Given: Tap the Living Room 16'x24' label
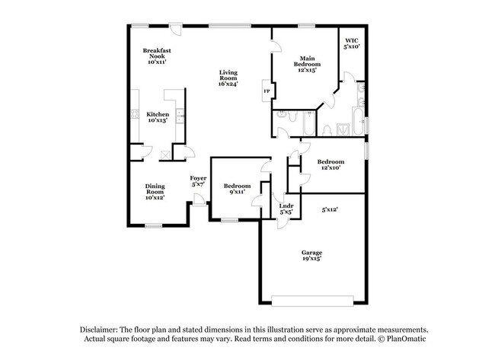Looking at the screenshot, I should point(228,78).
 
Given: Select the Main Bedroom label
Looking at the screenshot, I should point(307,62).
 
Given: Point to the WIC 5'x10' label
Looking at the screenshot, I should point(351,43).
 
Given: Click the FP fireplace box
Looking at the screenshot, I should point(267,92).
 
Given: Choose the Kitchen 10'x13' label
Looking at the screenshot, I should point(158,117).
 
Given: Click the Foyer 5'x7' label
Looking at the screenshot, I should point(197,181).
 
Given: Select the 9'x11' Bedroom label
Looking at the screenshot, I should point(237,190).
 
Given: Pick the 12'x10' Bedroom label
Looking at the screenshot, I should point(331,164).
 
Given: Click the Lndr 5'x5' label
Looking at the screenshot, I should point(286,209).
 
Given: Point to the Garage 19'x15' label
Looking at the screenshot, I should point(311,255).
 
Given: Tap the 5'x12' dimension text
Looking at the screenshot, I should point(330,209).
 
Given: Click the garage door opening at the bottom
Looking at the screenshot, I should point(313,298).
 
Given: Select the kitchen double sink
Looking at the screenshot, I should point(180,116).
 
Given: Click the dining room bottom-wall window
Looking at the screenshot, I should point(154,225).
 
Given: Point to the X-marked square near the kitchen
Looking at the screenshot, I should point(164,154).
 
